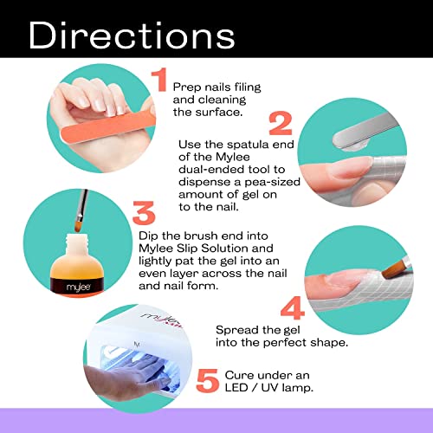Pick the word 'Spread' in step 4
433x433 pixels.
pos(237,330)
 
